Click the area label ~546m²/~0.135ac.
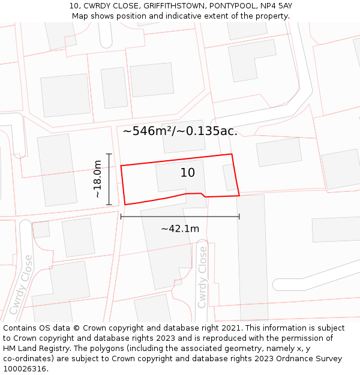click(x=180, y=131)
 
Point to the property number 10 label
click(x=187, y=173)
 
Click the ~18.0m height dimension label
click(x=98, y=179)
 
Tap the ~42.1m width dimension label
click(x=180, y=229)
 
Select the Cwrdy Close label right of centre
click(x=202, y=277)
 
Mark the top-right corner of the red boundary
click(x=232, y=154)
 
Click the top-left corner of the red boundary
click(x=121, y=166)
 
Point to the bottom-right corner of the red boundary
click(x=239, y=195)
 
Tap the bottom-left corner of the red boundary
click(x=125, y=205)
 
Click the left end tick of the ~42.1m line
click(x=121, y=216)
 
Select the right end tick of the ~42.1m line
click(x=239, y=216)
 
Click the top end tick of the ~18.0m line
click(x=109, y=154)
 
